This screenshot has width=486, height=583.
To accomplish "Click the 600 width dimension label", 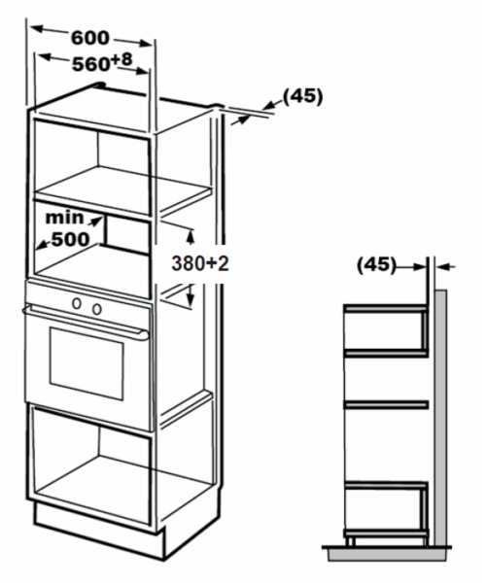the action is [x=90, y=38].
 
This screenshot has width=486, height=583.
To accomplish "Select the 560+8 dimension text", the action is [x=102, y=61].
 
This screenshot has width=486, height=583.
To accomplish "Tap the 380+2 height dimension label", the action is [x=199, y=263].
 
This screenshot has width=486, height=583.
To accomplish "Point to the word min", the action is [x=64, y=218].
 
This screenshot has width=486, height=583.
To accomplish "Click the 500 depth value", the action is [x=71, y=239].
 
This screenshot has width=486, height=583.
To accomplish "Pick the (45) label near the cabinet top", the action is [x=302, y=96].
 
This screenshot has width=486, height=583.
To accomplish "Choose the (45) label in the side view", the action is [x=376, y=265].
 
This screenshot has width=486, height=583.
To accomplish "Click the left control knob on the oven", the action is [x=77, y=303].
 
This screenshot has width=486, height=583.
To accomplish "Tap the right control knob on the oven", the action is [x=97, y=309].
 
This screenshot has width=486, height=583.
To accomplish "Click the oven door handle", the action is [x=86, y=322].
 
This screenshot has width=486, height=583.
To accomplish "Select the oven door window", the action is [x=87, y=363].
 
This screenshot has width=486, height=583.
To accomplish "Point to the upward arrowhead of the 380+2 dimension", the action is [x=191, y=236].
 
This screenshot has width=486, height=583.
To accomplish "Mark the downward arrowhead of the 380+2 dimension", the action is [x=191, y=299].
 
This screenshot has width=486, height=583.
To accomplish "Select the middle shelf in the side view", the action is [x=386, y=405].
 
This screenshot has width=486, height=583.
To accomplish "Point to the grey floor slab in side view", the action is [x=387, y=555].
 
